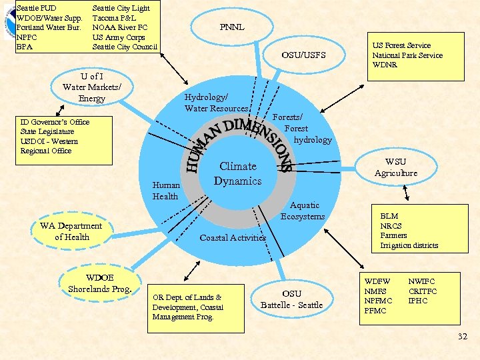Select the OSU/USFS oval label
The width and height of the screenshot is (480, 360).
(303, 55)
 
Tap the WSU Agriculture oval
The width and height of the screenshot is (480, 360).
(395, 167)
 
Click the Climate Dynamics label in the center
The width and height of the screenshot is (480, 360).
(237, 173)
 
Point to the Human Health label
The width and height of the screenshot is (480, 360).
(165, 191)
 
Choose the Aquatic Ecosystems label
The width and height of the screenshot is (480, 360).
(303, 211)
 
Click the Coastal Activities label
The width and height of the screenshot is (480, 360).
(233, 237)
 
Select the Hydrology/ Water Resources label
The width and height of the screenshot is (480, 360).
(216, 103)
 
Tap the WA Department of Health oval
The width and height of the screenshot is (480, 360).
(71, 231)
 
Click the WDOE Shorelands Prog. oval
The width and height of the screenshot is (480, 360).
(100, 283)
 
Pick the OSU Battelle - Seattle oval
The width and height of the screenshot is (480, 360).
(291, 299)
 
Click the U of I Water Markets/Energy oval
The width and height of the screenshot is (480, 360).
(92, 88)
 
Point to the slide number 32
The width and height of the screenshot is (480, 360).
(463, 337)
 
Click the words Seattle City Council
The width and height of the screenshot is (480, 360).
(125, 47)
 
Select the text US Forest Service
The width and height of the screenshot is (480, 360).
(401, 45)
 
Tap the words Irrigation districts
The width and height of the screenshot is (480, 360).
(409, 245)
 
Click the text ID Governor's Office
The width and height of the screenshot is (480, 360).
(55, 122)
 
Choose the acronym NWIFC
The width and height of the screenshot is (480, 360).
(421, 282)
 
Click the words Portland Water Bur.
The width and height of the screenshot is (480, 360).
(49, 27)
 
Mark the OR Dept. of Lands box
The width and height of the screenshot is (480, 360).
(187, 307)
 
